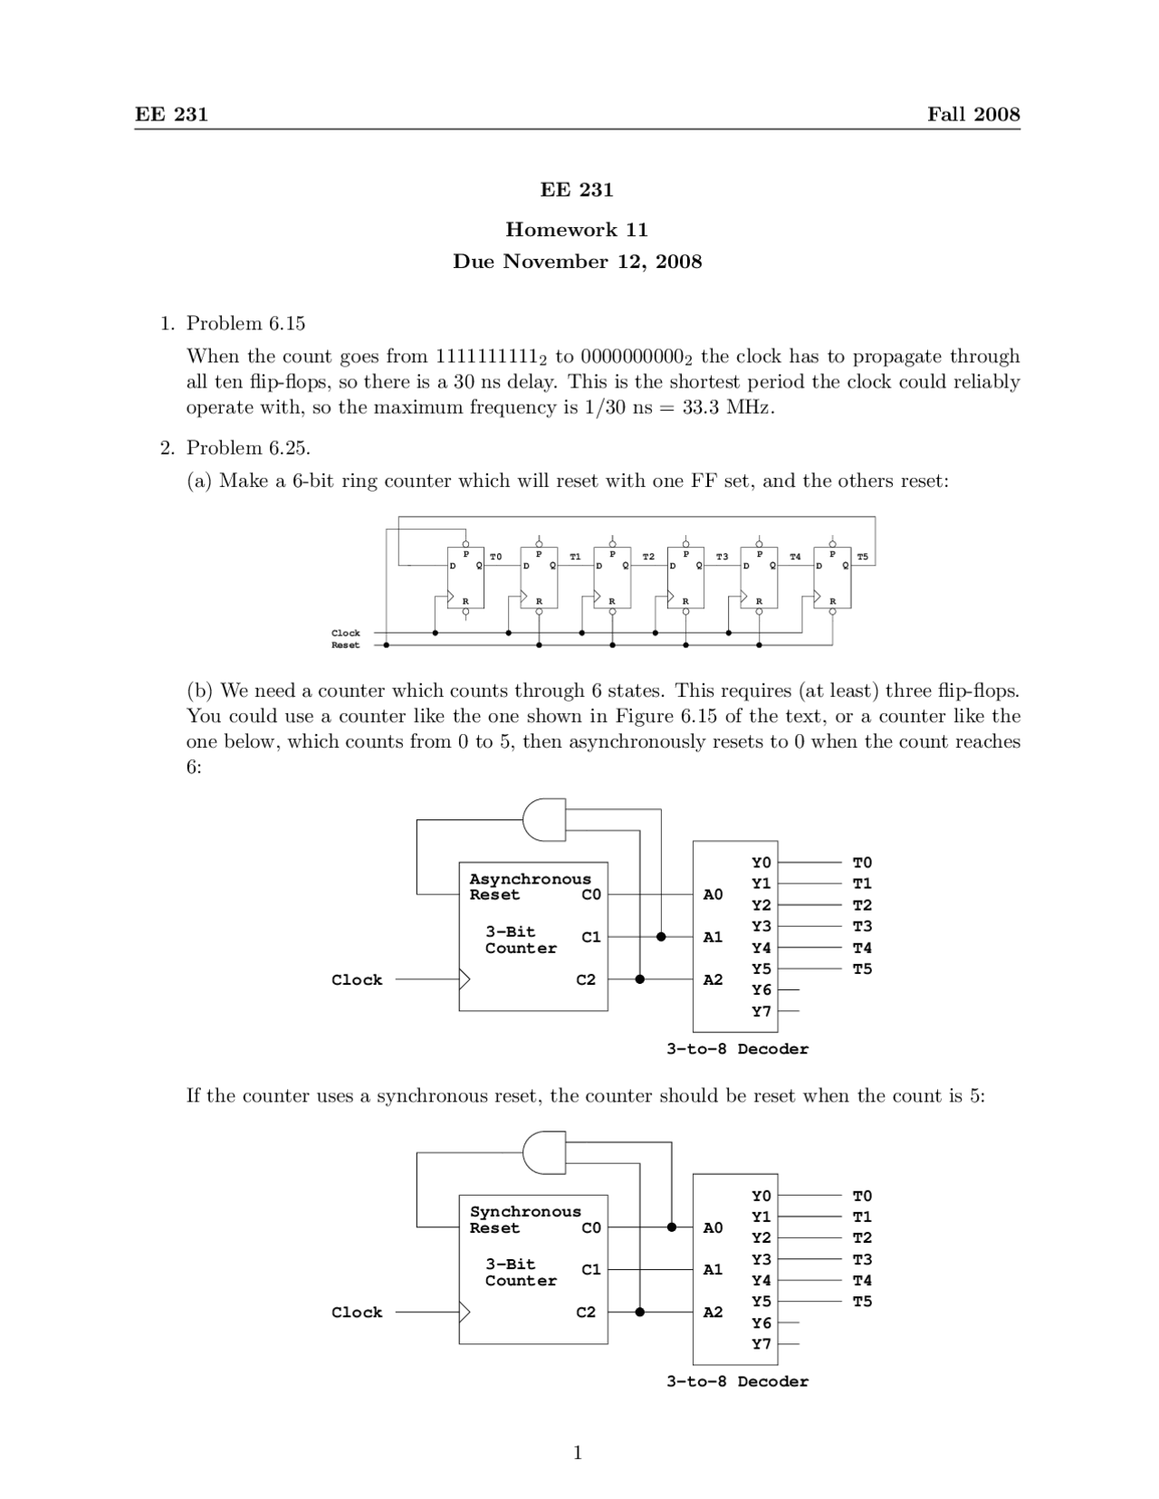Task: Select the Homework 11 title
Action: (x=577, y=230)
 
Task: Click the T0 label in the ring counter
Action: (x=495, y=557)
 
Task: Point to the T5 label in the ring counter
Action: (x=862, y=557)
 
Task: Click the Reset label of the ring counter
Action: (x=345, y=645)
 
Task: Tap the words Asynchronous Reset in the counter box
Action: (x=529, y=887)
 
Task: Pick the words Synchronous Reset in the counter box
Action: (x=525, y=1219)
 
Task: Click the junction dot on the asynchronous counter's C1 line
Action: (x=661, y=937)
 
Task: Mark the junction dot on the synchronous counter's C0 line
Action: (x=672, y=1227)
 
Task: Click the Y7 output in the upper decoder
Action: (x=761, y=1011)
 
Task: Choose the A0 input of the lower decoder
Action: (x=714, y=1227)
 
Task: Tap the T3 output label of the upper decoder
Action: (x=862, y=926)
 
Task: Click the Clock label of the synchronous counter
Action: (x=357, y=1313)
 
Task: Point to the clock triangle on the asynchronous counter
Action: (x=465, y=979)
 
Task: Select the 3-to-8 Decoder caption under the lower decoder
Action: (x=737, y=1381)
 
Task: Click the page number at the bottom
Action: (x=578, y=1454)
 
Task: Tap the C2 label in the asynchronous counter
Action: (x=586, y=979)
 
